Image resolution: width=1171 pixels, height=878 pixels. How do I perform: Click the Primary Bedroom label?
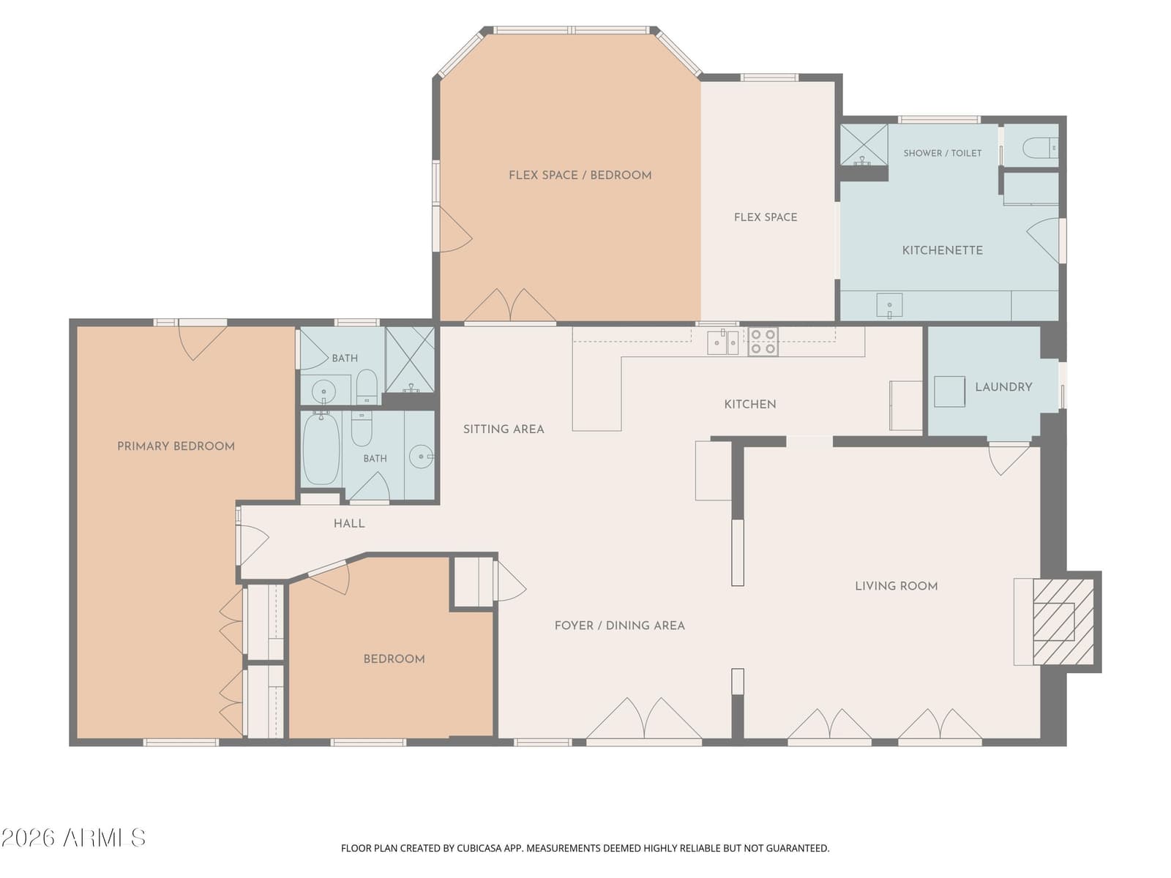pyautogui.click(x=176, y=446)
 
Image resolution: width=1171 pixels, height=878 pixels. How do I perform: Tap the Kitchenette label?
pyautogui.click(x=942, y=250)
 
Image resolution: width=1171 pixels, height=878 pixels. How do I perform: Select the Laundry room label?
pyautogui.click(x=1003, y=387)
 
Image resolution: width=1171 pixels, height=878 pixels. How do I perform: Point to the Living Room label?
pyautogui.click(x=897, y=586)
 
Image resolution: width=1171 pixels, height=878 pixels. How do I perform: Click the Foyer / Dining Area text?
pyautogui.click(x=619, y=626)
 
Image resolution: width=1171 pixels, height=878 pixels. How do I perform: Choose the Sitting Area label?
pyautogui.click(x=504, y=429)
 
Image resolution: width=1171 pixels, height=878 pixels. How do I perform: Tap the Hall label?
pyautogui.click(x=349, y=523)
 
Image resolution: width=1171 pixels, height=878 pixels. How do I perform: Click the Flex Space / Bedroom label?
pyautogui.click(x=580, y=175)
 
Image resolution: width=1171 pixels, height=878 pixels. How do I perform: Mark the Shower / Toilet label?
pyautogui.click(x=942, y=153)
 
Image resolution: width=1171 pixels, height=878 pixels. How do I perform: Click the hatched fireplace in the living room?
pyautogui.click(x=1063, y=622)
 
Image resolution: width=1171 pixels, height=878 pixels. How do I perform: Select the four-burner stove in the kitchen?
pyautogui.click(x=763, y=342)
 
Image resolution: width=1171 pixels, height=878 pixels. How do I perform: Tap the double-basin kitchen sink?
pyautogui.click(x=723, y=342)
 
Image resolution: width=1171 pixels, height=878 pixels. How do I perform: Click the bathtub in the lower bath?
pyautogui.click(x=321, y=449)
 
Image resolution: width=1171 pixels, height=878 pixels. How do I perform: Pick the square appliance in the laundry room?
pyautogui.click(x=949, y=392)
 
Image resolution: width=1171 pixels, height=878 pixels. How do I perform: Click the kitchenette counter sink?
pyautogui.click(x=889, y=306)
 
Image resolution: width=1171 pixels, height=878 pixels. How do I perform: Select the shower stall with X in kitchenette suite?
pyautogui.click(x=864, y=144)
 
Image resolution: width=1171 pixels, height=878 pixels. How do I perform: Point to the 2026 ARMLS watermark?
pyautogui.click(x=73, y=838)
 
